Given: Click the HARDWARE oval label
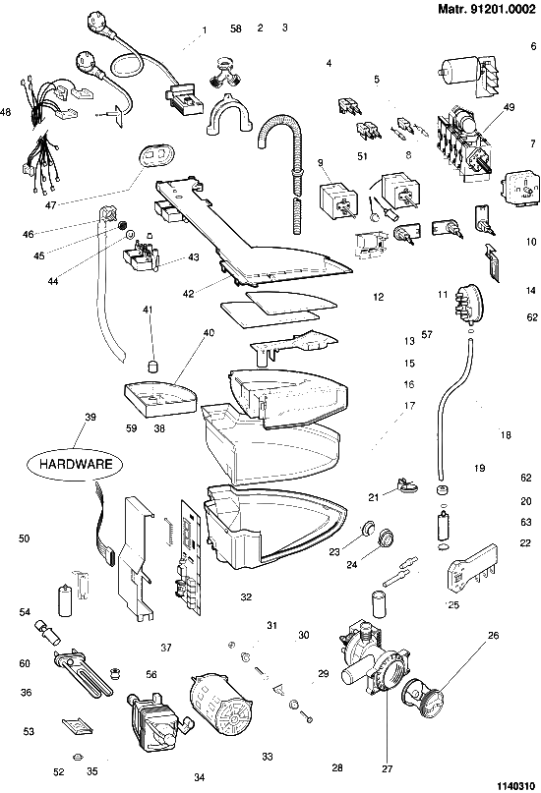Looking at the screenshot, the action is [75, 464].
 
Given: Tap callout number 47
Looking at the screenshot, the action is [49, 204].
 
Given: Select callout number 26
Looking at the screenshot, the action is [493, 635].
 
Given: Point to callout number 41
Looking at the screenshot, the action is [148, 310].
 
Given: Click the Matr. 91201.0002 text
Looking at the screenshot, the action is [486, 9].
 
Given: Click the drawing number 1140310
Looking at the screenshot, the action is [515, 785].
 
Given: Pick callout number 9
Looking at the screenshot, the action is [321, 162].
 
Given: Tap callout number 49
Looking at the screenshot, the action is [509, 107].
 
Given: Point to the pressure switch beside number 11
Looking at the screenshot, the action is [468, 304].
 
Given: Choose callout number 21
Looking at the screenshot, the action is [374, 497].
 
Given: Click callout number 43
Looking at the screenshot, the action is [194, 256].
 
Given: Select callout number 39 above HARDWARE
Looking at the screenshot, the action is [90, 417].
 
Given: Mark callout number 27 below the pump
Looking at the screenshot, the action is [388, 768].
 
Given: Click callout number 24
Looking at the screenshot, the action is [352, 564].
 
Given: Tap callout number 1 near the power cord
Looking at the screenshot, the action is [205, 30].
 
